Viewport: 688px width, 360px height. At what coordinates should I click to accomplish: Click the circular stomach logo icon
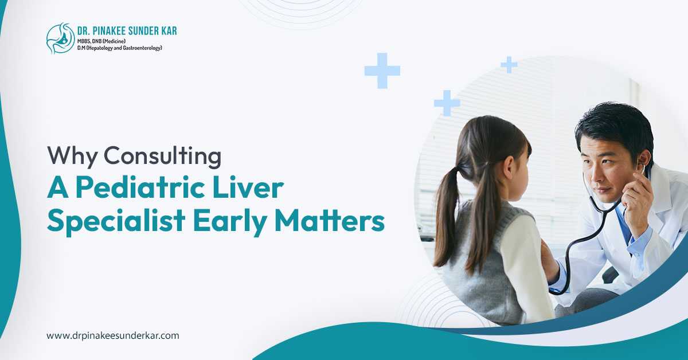point(60,38)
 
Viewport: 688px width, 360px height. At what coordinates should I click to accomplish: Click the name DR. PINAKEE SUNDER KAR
point(127,31)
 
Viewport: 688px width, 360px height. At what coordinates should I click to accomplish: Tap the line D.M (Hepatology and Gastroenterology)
point(120,48)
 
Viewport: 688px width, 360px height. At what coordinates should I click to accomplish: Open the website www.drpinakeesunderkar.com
point(112,335)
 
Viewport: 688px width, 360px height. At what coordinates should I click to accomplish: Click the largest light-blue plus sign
point(382,71)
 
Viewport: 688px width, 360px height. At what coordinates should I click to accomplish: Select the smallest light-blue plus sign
point(509,65)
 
